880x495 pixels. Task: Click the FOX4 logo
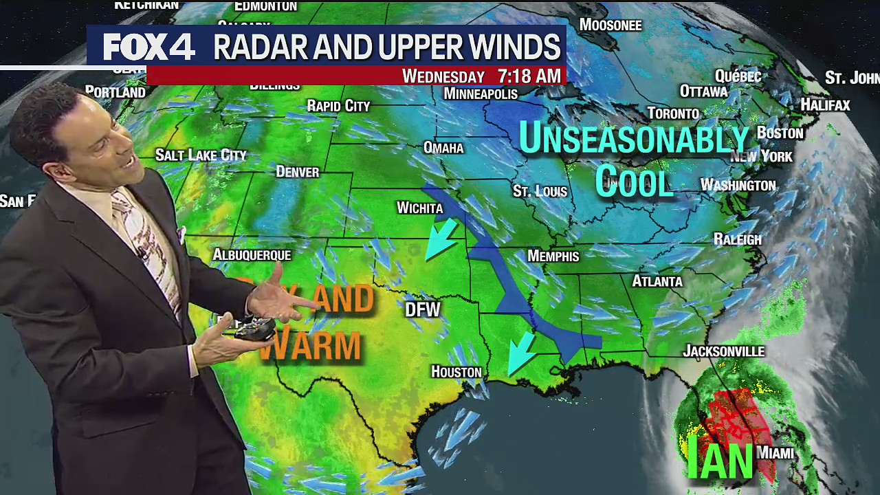coord(149,47)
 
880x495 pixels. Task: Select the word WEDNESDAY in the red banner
coord(443,76)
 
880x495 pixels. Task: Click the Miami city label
coord(775,453)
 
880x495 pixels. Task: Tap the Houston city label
coord(456,372)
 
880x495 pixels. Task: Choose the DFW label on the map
coord(422,309)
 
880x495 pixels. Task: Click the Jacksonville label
coord(723,351)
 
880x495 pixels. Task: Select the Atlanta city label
coord(657,281)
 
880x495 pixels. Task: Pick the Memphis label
coord(553,256)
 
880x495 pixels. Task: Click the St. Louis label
coord(540,191)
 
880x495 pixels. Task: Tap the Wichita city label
coord(419,208)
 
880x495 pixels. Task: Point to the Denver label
coord(297,172)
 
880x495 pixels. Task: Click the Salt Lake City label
coord(201,155)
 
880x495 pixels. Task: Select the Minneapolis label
coord(481,93)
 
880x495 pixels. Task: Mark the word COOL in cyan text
coord(633,183)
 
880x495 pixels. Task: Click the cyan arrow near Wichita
coord(441,239)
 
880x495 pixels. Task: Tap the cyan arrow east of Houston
coord(522,351)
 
